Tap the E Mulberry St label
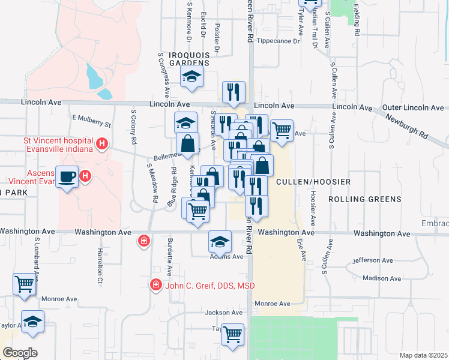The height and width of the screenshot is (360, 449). point(92,122)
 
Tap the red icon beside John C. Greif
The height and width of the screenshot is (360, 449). point(155,284)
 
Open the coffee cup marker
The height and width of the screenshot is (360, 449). point(67,176)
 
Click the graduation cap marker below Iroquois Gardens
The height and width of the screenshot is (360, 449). point(192,77)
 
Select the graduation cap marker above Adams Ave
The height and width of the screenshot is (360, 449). point(220,242)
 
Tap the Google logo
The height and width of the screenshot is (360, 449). point(20,352)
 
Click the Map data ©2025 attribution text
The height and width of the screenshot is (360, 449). point(423,355)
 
